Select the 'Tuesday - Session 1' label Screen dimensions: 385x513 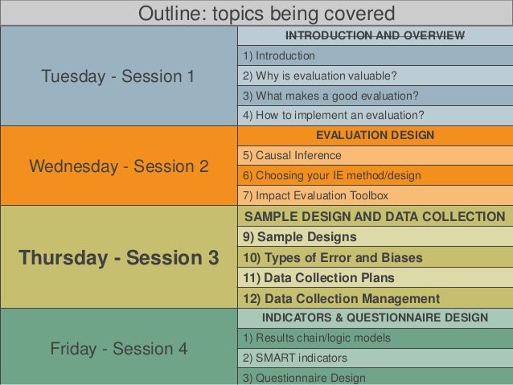(118, 76)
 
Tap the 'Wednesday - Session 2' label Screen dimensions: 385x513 (118, 166)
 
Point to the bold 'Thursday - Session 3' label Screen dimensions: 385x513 (118, 258)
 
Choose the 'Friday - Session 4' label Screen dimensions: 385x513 (118, 349)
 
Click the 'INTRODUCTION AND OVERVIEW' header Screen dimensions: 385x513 (375, 36)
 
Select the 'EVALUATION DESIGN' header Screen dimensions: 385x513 (375, 135)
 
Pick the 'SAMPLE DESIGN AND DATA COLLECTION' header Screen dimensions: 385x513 (375, 217)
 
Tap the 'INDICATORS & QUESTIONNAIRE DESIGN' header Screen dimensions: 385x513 (375, 317)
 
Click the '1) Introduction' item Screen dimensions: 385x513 (279, 56)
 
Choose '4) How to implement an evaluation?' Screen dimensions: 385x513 (333, 116)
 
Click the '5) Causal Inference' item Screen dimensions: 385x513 (292, 155)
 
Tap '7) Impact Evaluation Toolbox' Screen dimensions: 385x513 (315, 195)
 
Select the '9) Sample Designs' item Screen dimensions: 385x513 (299, 237)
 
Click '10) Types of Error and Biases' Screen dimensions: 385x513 (332, 258)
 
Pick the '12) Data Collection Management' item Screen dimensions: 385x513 (341, 298)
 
